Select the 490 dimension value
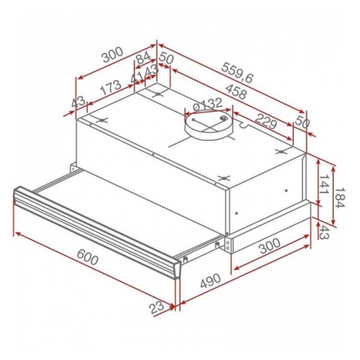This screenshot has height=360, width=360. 210,284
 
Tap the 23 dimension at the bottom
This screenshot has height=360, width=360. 157,308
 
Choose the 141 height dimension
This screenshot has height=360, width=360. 324,185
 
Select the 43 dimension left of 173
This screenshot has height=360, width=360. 79,103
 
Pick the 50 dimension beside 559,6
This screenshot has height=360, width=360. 167,59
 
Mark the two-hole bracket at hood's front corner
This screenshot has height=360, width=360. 229,242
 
